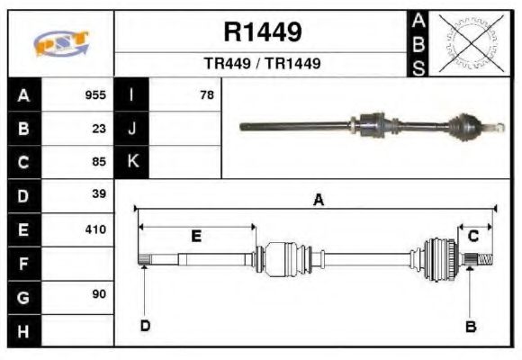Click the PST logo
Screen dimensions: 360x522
(x=60, y=43)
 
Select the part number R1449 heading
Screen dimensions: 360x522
(x=262, y=33)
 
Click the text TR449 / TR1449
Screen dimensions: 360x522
(x=262, y=64)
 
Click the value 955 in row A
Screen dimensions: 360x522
(x=95, y=94)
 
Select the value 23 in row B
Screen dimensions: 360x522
(x=99, y=128)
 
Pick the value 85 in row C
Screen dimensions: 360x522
(x=99, y=162)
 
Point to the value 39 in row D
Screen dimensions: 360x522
(x=99, y=194)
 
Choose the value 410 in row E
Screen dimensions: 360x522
(x=95, y=229)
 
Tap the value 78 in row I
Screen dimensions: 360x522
(x=206, y=94)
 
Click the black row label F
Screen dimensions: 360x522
(x=23, y=263)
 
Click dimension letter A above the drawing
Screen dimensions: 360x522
(x=318, y=201)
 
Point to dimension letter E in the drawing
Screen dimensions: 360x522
(x=195, y=236)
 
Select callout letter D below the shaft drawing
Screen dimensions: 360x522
(x=144, y=325)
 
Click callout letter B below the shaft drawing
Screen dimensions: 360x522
(x=470, y=326)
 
